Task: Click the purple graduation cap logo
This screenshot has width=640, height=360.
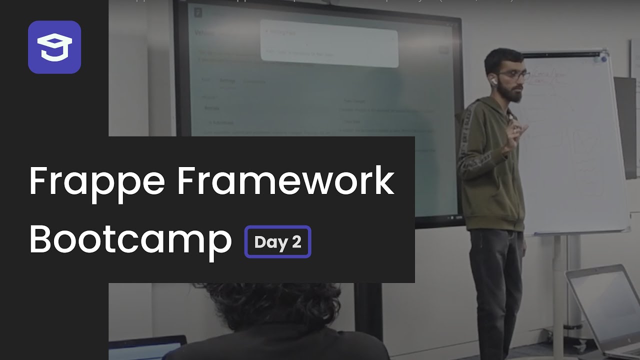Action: click(x=54, y=47)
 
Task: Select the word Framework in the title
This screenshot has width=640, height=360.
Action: click(x=285, y=181)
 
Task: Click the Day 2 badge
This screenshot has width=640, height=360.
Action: click(x=277, y=242)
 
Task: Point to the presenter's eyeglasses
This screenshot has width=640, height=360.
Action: click(x=514, y=75)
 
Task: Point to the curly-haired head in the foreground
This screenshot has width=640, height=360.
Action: click(x=280, y=305)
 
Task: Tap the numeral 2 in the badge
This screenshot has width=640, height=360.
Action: click(x=296, y=242)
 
